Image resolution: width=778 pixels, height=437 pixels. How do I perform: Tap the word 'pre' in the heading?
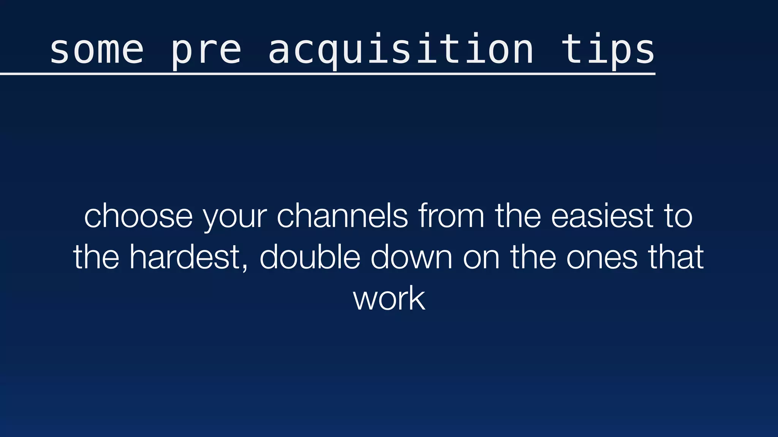pyautogui.click(x=206, y=51)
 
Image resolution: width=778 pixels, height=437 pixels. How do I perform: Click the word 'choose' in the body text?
pyautogui.click(x=138, y=217)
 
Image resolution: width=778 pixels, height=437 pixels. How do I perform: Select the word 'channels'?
pyautogui.click(x=342, y=216)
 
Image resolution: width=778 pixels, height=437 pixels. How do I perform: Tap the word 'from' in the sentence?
pyautogui.click(x=451, y=216)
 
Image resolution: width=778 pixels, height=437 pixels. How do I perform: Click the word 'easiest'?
pyautogui.click(x=602, y=216)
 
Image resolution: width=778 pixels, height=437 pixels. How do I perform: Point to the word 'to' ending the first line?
pyautogui.click(x=678, y=217)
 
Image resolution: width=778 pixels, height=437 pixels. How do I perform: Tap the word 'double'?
pyautogui.click(x=310, y=257)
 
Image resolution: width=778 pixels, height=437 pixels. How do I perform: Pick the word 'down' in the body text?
pyautogui.click(x=411, y=257)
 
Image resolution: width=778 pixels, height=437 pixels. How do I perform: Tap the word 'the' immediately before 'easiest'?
pyautogui.click(x=517, y=216)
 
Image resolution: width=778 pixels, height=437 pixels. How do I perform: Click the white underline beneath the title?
pyautogui.click(x=327, y=74)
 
